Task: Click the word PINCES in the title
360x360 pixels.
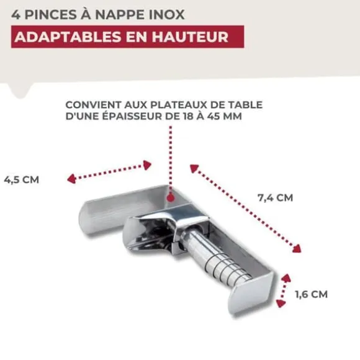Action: (x=50, y=14)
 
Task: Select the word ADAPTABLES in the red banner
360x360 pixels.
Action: (x=68, y=37)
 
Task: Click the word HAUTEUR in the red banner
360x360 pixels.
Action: (x=190, y=37)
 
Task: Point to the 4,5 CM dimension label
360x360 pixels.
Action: (x=22, y=179)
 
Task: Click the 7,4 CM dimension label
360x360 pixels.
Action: (x=276, y=197)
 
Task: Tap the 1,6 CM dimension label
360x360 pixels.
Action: (x=312, y=294)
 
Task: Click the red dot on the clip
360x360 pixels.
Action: (x=170, y=197)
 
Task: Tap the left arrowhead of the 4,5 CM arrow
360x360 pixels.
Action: (x=71, y=179)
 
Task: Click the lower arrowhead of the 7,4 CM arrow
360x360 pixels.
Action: (x=297, y=248)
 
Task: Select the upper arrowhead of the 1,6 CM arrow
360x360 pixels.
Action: (x=286, y=279)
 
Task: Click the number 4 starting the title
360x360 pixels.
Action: (x=16, y=15)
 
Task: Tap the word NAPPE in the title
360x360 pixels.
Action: (x=120, y=14)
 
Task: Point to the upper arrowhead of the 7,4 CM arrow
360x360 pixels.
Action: (x=194, y=169)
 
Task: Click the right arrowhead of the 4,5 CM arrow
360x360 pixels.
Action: (x=147, y=165)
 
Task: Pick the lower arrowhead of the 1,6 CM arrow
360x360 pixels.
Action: (x=281, y=304)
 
